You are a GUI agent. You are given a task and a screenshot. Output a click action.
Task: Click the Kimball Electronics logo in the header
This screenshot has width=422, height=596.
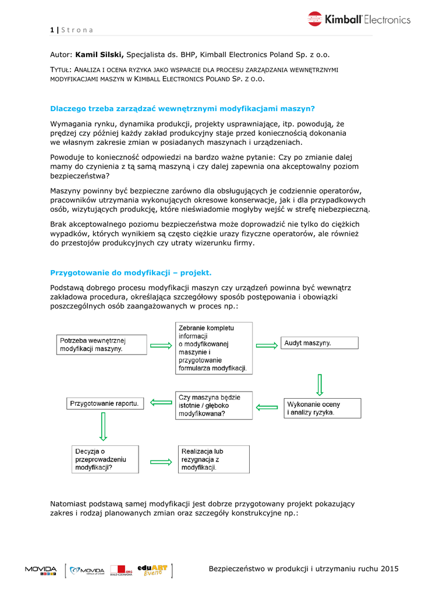[359, 19]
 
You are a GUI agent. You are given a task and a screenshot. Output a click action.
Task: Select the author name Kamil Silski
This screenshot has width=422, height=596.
[99, 55]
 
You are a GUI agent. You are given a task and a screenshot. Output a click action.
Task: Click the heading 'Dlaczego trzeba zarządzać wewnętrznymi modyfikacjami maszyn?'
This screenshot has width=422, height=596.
[182, 108]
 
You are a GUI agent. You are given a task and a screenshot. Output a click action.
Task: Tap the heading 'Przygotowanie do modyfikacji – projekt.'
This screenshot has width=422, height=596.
[131, 272]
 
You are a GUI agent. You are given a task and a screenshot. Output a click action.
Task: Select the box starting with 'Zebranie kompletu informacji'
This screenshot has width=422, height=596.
[214, 348]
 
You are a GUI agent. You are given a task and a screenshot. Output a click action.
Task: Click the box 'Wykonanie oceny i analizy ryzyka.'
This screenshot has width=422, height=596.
[322, 408]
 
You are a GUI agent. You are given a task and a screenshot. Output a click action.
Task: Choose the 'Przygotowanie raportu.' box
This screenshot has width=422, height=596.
[105, 403]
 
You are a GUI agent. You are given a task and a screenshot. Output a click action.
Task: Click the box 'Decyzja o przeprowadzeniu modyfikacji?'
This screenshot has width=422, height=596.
[105, 459]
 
